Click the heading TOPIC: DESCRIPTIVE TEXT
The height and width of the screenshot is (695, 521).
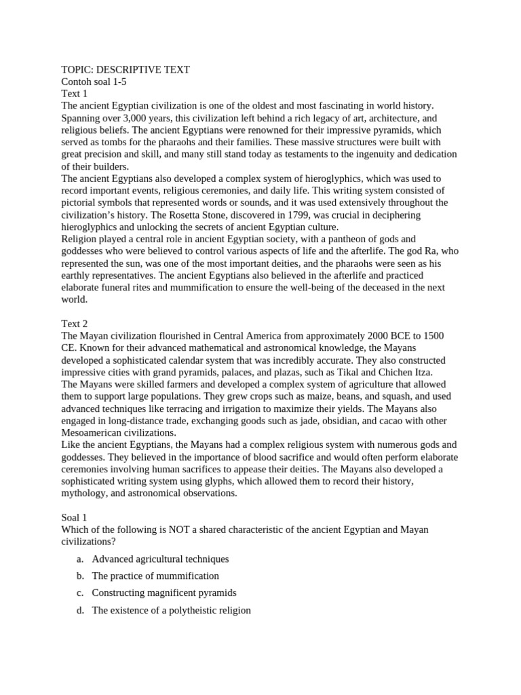[x=126, y=69]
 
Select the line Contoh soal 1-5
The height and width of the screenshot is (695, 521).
[x=94, y=81]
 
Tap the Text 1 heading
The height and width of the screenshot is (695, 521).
[x=75, y=94]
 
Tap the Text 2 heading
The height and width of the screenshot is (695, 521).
[x=75, y=324]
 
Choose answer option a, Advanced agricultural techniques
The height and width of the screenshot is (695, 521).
[x=160, y=559]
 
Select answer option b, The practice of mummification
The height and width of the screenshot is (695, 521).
[x=155, y=576]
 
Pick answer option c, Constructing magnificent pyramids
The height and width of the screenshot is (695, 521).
[x=164, y=593]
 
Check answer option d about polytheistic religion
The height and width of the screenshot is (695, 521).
[x=171, y=609]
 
